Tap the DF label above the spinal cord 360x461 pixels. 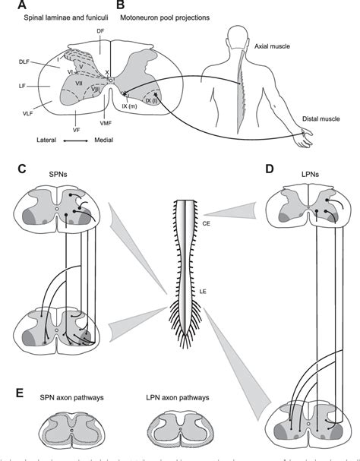click(x=100, y=31)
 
